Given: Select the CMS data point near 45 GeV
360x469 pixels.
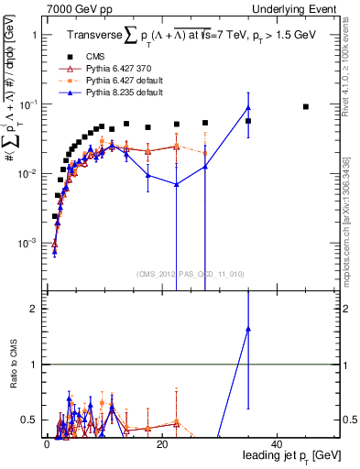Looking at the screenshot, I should tap(306, 107).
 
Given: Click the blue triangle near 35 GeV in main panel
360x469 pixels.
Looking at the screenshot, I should tap(248, 109).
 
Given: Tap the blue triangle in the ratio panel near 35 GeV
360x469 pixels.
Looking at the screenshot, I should tap(248, 328).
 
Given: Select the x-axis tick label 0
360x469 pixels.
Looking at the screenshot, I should tap(47, 443).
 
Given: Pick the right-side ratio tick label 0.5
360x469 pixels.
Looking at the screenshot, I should tap(350, 420).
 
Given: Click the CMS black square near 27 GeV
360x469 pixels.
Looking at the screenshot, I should tap(205, 123).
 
